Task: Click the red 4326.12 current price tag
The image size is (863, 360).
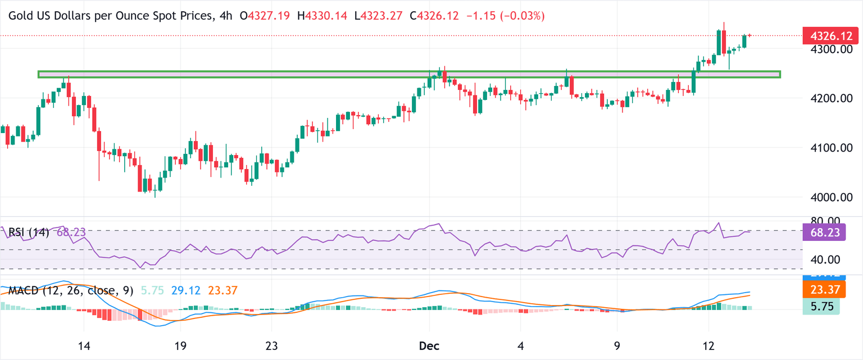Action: [830, 36]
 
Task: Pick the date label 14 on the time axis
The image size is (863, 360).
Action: [84, 345]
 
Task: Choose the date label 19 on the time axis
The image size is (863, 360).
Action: [180, 345]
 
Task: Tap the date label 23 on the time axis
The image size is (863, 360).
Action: [271, 345]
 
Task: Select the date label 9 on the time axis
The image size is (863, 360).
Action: [617, 345]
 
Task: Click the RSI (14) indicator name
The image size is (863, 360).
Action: [29, 233]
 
